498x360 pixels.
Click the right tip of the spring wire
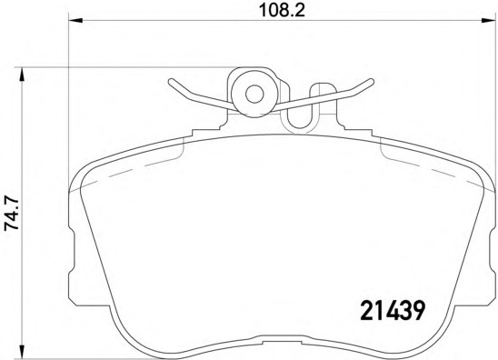pyautogui.click(x=371, y=83)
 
